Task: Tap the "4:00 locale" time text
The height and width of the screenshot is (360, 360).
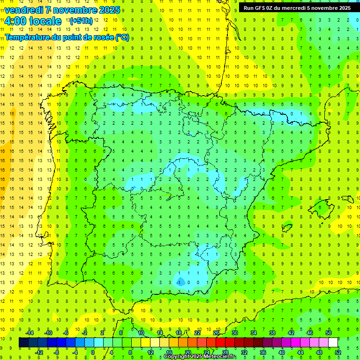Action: coord(33,21)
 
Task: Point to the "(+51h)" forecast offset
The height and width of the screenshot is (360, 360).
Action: coord(81,21)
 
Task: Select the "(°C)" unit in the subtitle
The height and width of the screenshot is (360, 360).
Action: coord(122,37)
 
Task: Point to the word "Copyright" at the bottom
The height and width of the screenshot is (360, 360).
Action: coord(179,357)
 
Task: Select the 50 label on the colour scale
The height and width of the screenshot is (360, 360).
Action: coord(328,333)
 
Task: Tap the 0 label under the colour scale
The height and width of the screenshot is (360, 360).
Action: coord(93,352)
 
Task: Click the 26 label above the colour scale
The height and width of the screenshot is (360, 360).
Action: coord(216,333)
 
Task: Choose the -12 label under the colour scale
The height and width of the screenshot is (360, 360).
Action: coord(39,352)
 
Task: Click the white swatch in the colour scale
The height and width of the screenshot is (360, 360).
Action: coord(333,343)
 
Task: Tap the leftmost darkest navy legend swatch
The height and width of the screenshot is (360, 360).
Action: coord(23,343)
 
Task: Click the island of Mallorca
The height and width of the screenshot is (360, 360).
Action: coord(323,207)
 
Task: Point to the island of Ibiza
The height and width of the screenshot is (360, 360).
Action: coord(287,228)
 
